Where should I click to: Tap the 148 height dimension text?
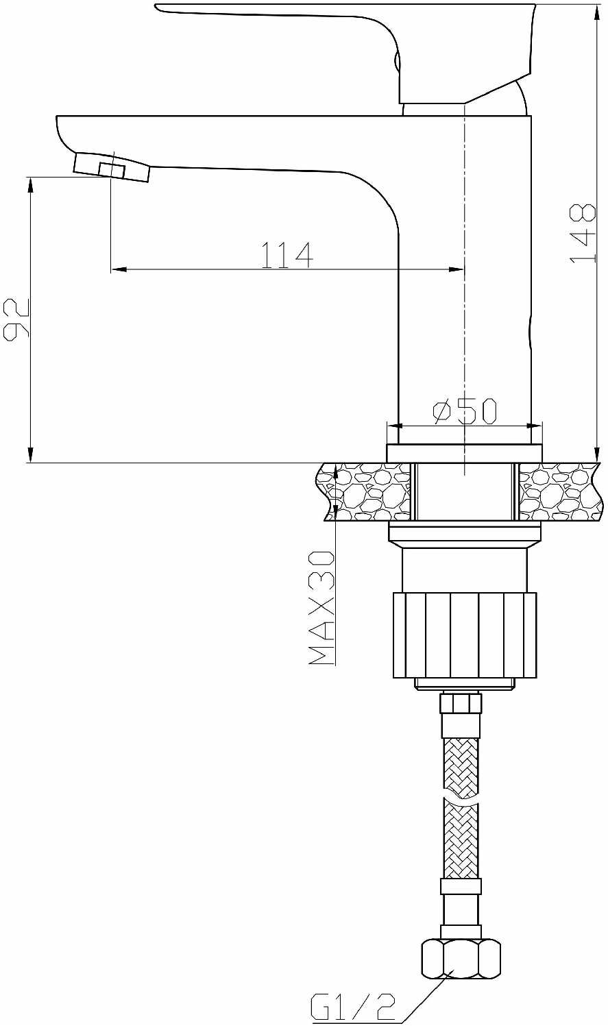(x=583, y=234)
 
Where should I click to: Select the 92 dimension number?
(x=16, y=319)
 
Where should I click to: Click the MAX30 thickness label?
(x=321, y=607)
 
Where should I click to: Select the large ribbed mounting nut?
(x=464, y=635)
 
